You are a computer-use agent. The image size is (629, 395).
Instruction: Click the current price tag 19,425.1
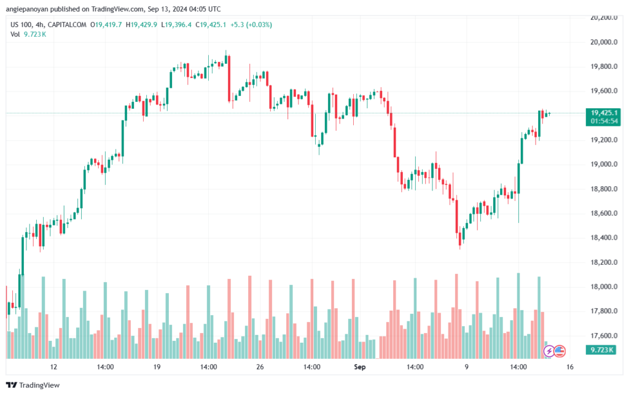[x=604, y=113]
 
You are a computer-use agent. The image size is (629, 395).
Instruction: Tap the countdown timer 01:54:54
[x=604, y=122]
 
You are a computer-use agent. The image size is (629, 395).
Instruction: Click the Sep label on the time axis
[x=360, y=367]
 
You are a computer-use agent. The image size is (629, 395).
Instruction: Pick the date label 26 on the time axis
[x=259, y=367]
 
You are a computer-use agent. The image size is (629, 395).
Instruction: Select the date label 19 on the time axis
[x=157, y=367]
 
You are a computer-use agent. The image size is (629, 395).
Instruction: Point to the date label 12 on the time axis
[x=54, y=367]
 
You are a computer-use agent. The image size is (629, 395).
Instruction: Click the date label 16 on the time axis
[x=570, y=367]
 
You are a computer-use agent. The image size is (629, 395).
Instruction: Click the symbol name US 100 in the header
[x=23, y=25]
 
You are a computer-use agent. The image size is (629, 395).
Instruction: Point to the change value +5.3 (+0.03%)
[x=250, y=25]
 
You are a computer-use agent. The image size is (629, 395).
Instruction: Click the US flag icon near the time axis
[x=560, y=351]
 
